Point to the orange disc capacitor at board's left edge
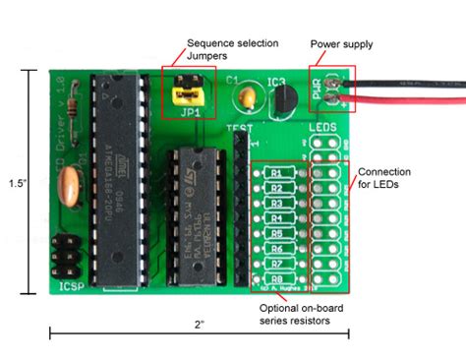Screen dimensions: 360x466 coord(70,184)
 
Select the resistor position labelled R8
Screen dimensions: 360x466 coord(278,278)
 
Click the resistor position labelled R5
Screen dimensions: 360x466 coord(278,234)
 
